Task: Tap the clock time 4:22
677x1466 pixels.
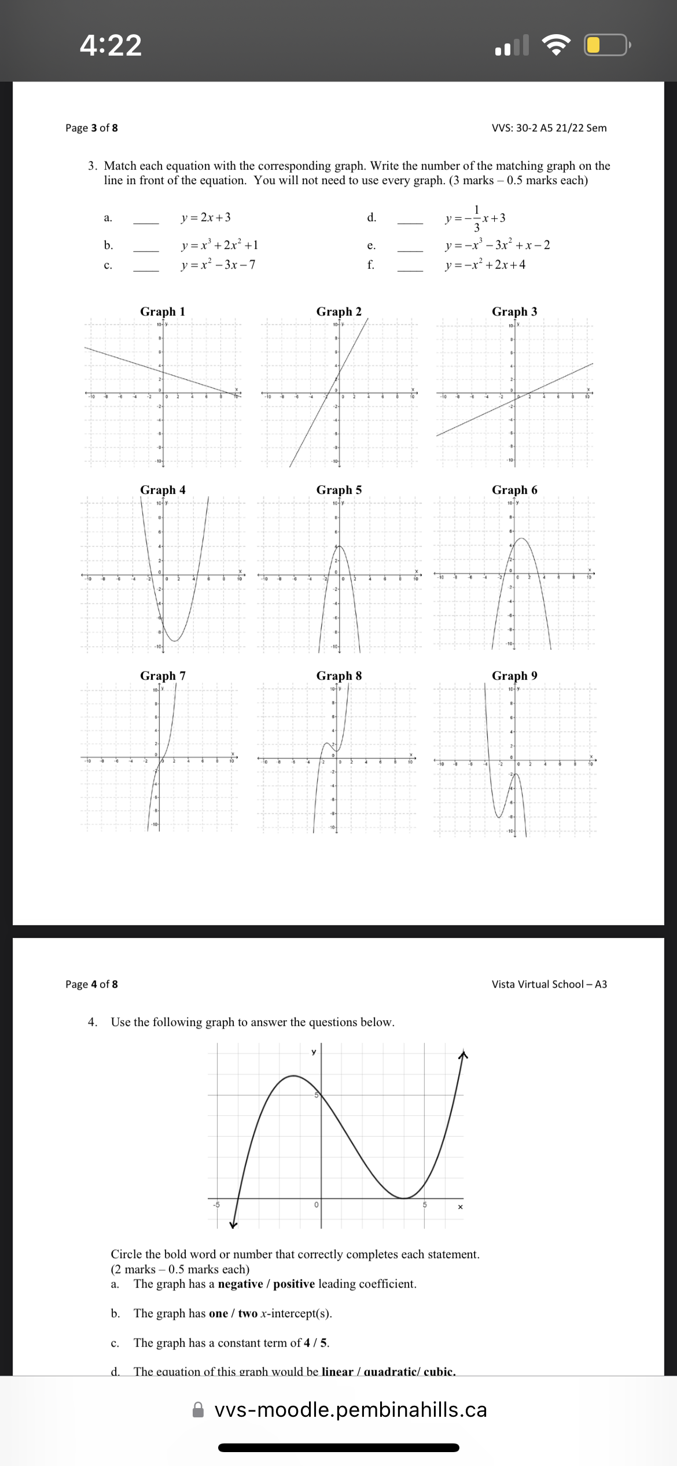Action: coord(111,45)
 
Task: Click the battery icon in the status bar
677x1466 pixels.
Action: coord(606,45)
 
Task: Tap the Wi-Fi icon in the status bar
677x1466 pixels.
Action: coord(555,45)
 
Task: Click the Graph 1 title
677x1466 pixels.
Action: coord(163,311)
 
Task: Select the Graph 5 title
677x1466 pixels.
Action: coord(339,490)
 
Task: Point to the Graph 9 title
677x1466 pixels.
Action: coord(514,676)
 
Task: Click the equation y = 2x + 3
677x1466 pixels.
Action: coord(205,217)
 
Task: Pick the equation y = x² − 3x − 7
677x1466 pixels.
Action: coord(218,265)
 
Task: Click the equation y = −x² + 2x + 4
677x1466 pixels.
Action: coord(485,265)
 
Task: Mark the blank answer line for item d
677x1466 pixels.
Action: coord(410,222)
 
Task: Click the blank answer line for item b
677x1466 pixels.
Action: coord(146,250)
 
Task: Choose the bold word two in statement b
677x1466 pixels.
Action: coord(248,1313)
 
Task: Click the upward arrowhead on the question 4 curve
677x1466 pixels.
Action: coord(462,1055)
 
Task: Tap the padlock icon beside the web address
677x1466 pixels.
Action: coord(198,1410)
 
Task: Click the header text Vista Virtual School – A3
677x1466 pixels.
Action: coord(549,984)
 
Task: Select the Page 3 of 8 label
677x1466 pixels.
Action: coord(91,128)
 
